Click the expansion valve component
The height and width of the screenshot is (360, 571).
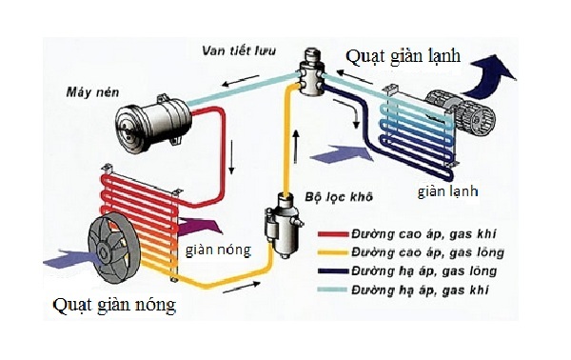[x=309, y=71]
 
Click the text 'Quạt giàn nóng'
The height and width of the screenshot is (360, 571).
[x=115, y=307]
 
